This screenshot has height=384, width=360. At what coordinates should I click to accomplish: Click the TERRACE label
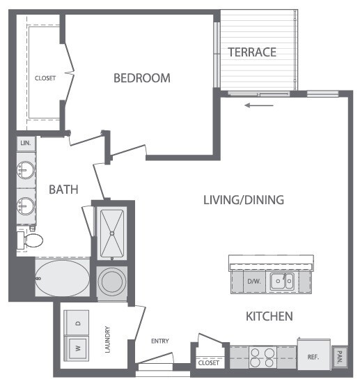(252, 52)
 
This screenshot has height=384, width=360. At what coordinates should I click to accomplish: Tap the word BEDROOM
(141, 78)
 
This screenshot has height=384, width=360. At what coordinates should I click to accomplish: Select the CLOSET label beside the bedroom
(45, 78)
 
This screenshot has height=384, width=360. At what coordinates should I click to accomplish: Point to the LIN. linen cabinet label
(26, 142)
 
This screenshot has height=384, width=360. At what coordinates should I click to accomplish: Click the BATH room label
(63, 189)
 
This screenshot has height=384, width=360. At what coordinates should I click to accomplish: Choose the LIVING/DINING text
(243, 200)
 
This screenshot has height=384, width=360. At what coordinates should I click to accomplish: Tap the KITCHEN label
(269, 316)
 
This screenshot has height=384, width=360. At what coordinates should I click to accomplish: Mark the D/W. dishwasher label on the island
(253, 282)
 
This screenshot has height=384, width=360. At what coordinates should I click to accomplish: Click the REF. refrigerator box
(313, 356)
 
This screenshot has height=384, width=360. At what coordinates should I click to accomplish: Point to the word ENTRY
(160, 341)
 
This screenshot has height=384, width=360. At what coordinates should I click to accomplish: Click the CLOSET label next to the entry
(208, 363)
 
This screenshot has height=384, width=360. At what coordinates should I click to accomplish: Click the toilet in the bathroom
(30, 240)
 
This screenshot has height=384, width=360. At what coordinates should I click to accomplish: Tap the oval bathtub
(62, 280)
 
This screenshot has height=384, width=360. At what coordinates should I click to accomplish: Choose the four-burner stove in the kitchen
(263, 358)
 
